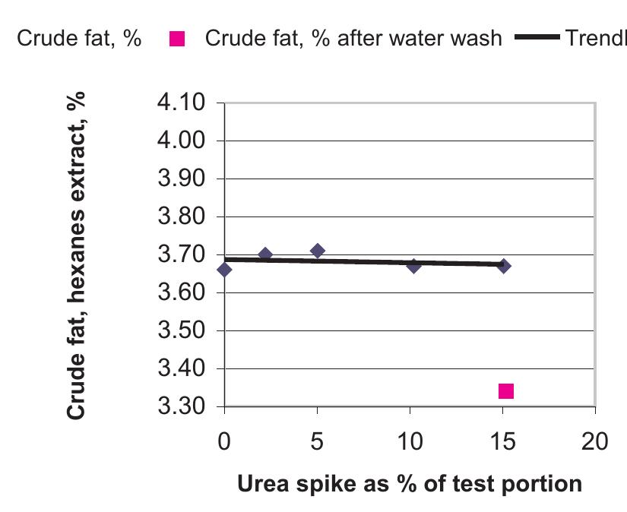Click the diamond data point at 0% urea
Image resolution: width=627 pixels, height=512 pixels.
click(224, 270)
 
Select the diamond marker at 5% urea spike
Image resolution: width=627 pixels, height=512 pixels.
click(318, 251)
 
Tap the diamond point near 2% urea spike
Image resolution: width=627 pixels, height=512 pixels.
click(265, 254)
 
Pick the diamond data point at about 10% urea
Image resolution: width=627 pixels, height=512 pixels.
click(414, 266)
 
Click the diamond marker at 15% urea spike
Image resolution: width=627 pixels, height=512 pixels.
click(503, 266)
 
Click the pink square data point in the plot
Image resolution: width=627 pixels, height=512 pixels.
click(506, 391)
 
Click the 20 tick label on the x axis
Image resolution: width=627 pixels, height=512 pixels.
click(595, 441)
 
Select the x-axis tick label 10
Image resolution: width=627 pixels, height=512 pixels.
click(410, 441)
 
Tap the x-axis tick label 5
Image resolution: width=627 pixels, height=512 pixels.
click(317, 441)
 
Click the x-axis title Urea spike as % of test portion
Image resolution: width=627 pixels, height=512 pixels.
click(410, 483)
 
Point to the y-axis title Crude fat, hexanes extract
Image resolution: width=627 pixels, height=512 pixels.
click(75, 254)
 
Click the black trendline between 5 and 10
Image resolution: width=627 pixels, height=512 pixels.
click(365, 262)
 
